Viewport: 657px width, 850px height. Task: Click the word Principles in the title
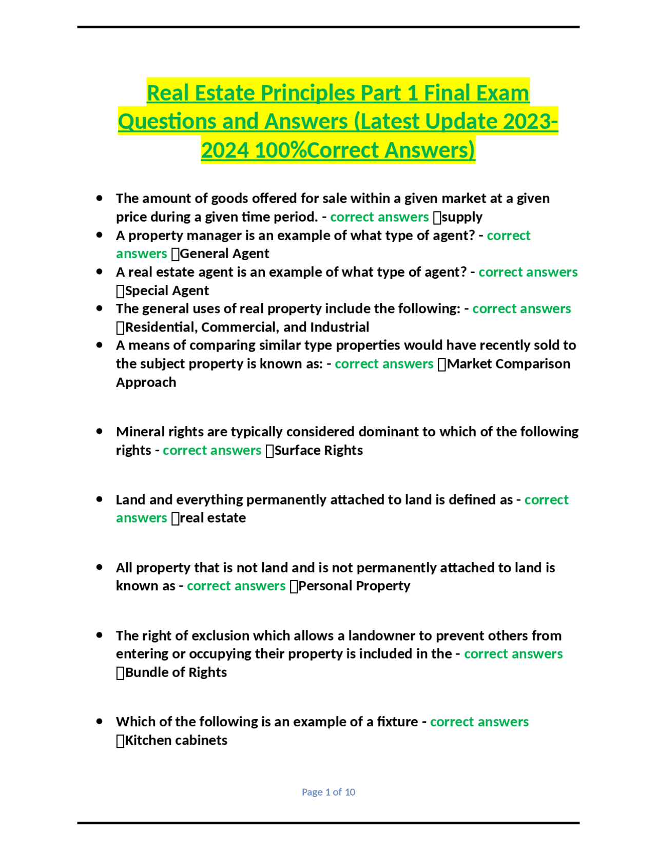(307, 93)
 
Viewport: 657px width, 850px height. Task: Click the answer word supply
(462, 217)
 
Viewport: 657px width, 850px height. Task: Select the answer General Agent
(224, 254)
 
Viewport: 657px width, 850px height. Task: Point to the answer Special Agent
(167, 291)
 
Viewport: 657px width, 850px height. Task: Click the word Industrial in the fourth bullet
(340, 327)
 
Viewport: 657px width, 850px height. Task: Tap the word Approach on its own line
(146, 382)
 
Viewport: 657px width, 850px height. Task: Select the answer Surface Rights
(318, 450)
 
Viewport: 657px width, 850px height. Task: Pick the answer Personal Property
(354, 586)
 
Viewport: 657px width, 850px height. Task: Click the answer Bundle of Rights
(176, 672)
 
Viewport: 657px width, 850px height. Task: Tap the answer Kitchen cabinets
(176, 740)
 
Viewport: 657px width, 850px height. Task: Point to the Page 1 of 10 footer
(328, 792)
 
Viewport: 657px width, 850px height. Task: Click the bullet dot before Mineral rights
(100, 431)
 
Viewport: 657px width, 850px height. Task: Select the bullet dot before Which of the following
(100, 721)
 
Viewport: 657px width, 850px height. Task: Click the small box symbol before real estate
(176, 518)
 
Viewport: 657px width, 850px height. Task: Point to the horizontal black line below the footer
(328, 823)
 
